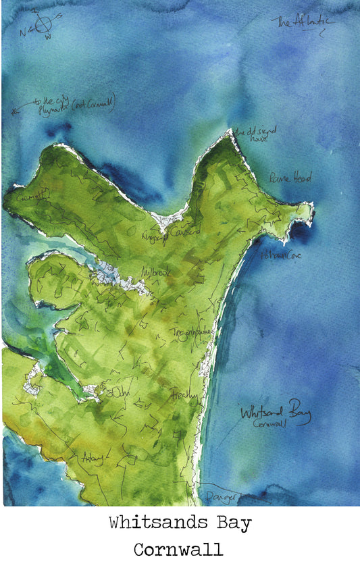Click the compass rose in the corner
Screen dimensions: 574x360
pyautogui.click(x=41, y=25)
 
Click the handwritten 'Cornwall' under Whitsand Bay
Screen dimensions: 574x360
pyautogui.click(x=270, y=425)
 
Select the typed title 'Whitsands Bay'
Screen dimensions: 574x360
pyautogui.click(x=180, y=523)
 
